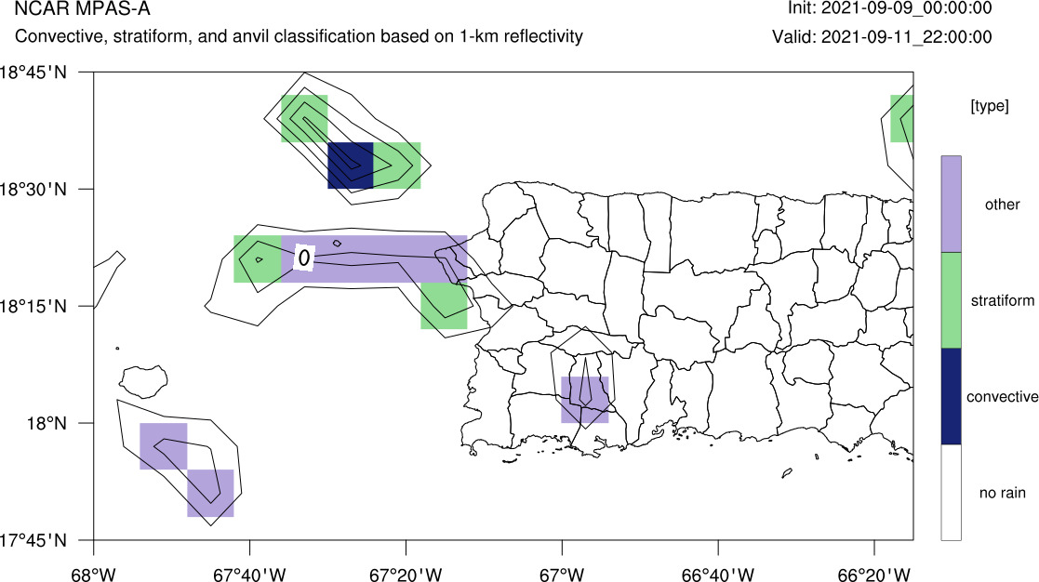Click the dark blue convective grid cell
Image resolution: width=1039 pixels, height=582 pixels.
[x=351, y=165]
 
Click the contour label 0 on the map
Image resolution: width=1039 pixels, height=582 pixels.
[x=304, y=257]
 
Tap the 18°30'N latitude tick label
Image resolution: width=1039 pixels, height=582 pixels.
[x=33, y=190]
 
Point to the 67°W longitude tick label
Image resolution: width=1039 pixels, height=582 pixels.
[x=562, y=574]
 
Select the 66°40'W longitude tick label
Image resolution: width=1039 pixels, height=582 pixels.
[x=718, y=574]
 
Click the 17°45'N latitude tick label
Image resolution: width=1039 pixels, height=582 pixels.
[x=33, y=540]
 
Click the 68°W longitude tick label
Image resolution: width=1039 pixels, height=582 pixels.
[x=93, y=574]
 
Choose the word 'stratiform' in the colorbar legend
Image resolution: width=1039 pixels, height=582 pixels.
[x=1003, y=300]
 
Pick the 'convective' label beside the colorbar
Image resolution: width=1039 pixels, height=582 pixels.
[x=1002, y=397]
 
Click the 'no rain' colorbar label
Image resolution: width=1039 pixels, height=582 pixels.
[x=1002, y=493]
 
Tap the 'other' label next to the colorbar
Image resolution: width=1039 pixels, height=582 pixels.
[x=1002, y=205]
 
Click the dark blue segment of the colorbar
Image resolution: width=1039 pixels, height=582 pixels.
[x=951, y=396]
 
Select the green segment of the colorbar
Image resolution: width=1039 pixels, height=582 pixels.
[x=951, y=300]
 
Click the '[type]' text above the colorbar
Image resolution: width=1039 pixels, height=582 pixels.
[x=990, y=106]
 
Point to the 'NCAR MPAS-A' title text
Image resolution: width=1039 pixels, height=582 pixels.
[x=82, y=8]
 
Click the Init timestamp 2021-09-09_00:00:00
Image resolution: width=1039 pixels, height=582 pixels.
[x=907, y=8]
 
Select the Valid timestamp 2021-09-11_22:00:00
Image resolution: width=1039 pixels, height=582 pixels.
[x=907, y=36]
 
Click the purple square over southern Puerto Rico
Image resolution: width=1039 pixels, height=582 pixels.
[x=584, y=400]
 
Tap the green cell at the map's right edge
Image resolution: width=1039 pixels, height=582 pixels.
[x=902, y=118]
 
